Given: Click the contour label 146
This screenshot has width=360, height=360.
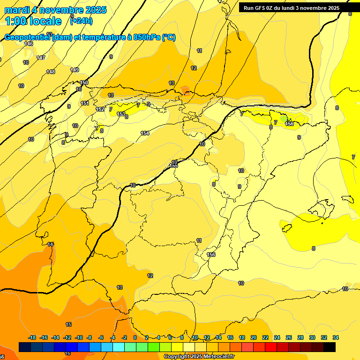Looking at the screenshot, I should pos(29,44).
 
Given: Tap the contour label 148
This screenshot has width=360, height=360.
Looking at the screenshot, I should pos(51,72).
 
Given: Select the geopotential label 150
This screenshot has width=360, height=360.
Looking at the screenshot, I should pos(84,82).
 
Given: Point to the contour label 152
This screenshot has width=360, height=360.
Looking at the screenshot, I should pos(100,109).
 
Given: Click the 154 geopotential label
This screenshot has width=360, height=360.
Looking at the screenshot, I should pos(145,134).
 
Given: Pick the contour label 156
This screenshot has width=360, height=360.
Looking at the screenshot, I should pos(211,255).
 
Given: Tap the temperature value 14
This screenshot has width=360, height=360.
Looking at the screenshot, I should pos(50,244).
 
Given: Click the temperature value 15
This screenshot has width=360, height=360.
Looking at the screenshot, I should pos(68,324).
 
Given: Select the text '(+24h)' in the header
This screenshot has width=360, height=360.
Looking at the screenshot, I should pos(81,21).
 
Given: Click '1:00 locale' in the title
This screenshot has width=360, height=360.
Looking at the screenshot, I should pos(33,21).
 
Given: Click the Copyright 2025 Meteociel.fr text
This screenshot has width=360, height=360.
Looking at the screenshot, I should pos(199,357).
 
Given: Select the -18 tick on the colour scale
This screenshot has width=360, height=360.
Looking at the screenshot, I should pos(32,337).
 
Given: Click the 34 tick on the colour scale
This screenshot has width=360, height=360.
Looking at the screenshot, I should pos(335,337).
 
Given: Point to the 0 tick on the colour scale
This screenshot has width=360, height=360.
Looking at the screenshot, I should pos(135,337).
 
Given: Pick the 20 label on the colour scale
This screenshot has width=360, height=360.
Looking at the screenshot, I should pos(254,337).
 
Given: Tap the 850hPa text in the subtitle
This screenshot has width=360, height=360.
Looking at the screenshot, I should pos(147,37).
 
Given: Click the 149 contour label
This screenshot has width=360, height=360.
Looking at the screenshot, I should pos(75,70).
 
